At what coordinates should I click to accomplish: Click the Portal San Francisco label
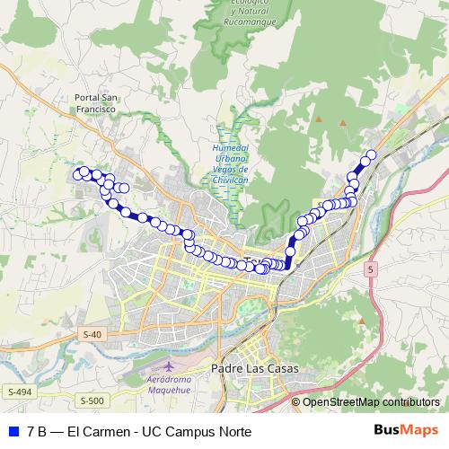point(97,102)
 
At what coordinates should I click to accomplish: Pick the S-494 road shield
point(19,392)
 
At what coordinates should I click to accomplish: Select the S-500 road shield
point(92,401)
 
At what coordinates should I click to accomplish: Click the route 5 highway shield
point(371,269)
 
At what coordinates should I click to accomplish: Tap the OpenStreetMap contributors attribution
point(371,401)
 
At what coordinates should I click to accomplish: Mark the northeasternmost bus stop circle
point(371,154)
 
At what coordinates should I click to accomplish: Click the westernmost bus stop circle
point(78,173)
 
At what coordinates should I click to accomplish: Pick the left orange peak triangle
point(318,119)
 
